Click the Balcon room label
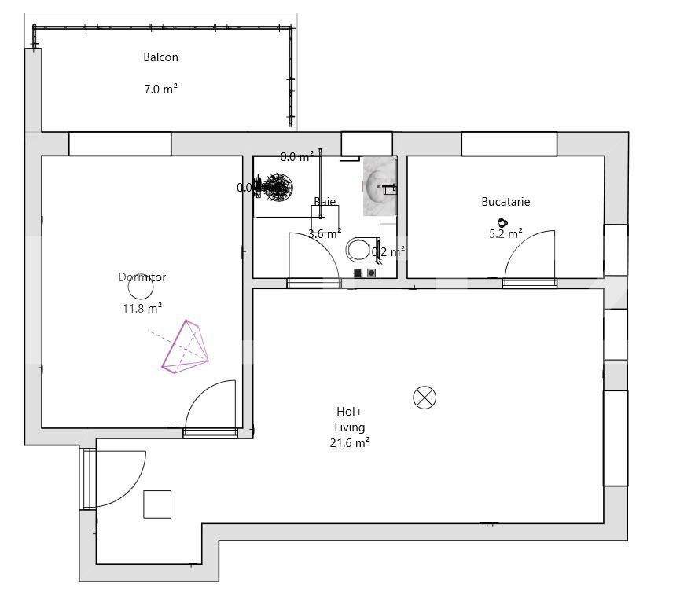coord(160,57)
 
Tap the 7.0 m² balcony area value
coord(160,90)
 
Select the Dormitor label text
coord(142,277)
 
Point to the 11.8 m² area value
coord(142,309)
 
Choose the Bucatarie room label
coord(505,202)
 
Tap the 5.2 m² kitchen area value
coord(505,233)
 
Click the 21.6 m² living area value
coord(350,443)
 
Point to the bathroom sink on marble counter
coord(379,186)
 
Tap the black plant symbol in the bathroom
coord(274,188)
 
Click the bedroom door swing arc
coord(211,404)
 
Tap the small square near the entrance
coord(157,504)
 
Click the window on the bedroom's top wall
coord(119,144)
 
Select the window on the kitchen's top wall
coord(509,144)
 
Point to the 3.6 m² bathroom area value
coord(324,233)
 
